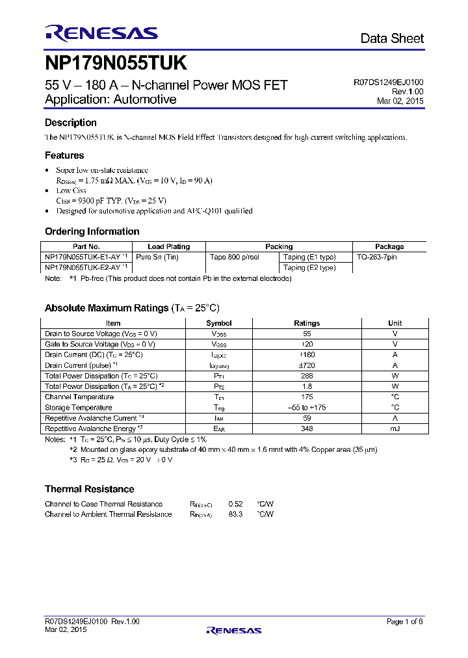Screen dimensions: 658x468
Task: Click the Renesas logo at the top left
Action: click(101, 33)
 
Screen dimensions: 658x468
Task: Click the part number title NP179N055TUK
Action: click(116, 64)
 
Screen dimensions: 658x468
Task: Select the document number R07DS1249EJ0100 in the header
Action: click(388, 83)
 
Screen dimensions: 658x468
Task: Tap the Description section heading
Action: click(70, 123)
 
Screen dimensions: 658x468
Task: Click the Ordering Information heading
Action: click(92, 231)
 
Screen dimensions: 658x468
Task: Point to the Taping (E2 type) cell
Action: click(309, 267)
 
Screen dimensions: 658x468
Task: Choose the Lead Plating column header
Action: click(168, 246)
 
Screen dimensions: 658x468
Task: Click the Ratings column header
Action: click(307, 323)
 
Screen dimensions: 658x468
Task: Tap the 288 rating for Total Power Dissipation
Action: click(307, 376)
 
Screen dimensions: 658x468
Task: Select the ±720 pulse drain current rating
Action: click(307, 365)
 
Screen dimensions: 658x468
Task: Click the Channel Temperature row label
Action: click(79, 397)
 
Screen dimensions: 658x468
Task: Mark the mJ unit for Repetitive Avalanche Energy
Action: click(395, 428)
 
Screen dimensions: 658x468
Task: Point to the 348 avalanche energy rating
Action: click(307, 428)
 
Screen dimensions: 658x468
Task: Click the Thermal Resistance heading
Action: click(89, 489)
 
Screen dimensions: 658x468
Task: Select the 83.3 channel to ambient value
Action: click(235, 514)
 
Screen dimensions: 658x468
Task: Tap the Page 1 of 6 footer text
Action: click(404, 622)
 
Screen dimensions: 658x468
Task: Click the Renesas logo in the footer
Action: click(233, 630)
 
